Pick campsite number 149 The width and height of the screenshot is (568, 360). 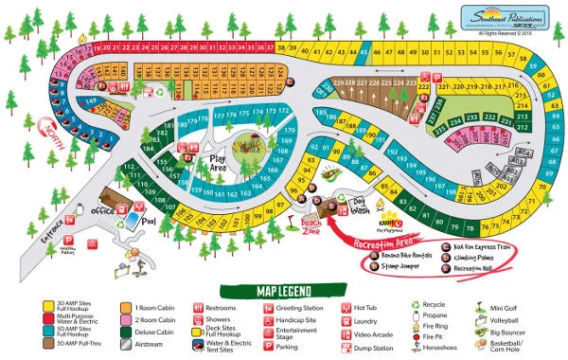click(x=92, y=100)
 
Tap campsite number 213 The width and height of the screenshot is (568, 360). click(x=523, y=118)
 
